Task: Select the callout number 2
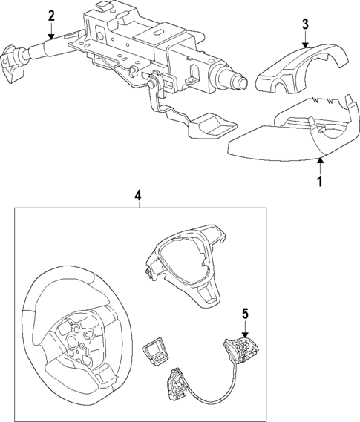tap(51, 16)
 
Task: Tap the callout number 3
tap(305, 24)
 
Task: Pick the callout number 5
tap(246, 314)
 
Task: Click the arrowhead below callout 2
tap(51, 36)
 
